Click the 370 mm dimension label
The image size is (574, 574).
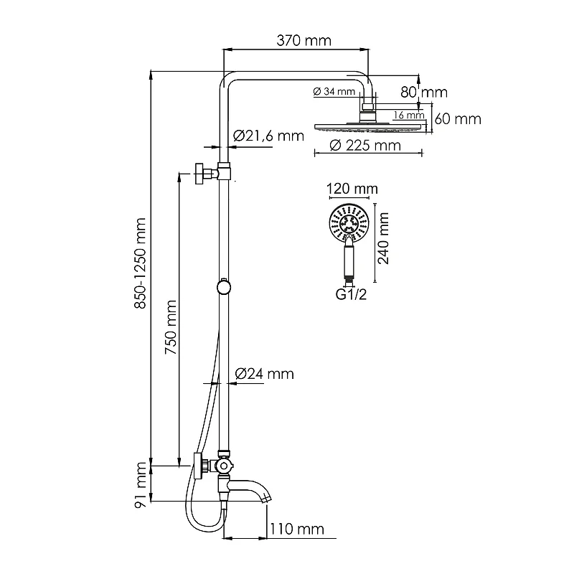point(304,41)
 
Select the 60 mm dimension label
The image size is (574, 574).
point(458,119)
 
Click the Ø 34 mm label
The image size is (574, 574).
point(334,91)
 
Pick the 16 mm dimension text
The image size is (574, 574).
point(409,115)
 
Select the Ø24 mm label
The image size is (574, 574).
point(265,374)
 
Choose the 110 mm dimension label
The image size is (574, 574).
point(297,530)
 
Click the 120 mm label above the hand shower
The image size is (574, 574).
point(352,189)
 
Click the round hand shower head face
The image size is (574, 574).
point(348,222)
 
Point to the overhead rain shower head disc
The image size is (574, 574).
point(370,128)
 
